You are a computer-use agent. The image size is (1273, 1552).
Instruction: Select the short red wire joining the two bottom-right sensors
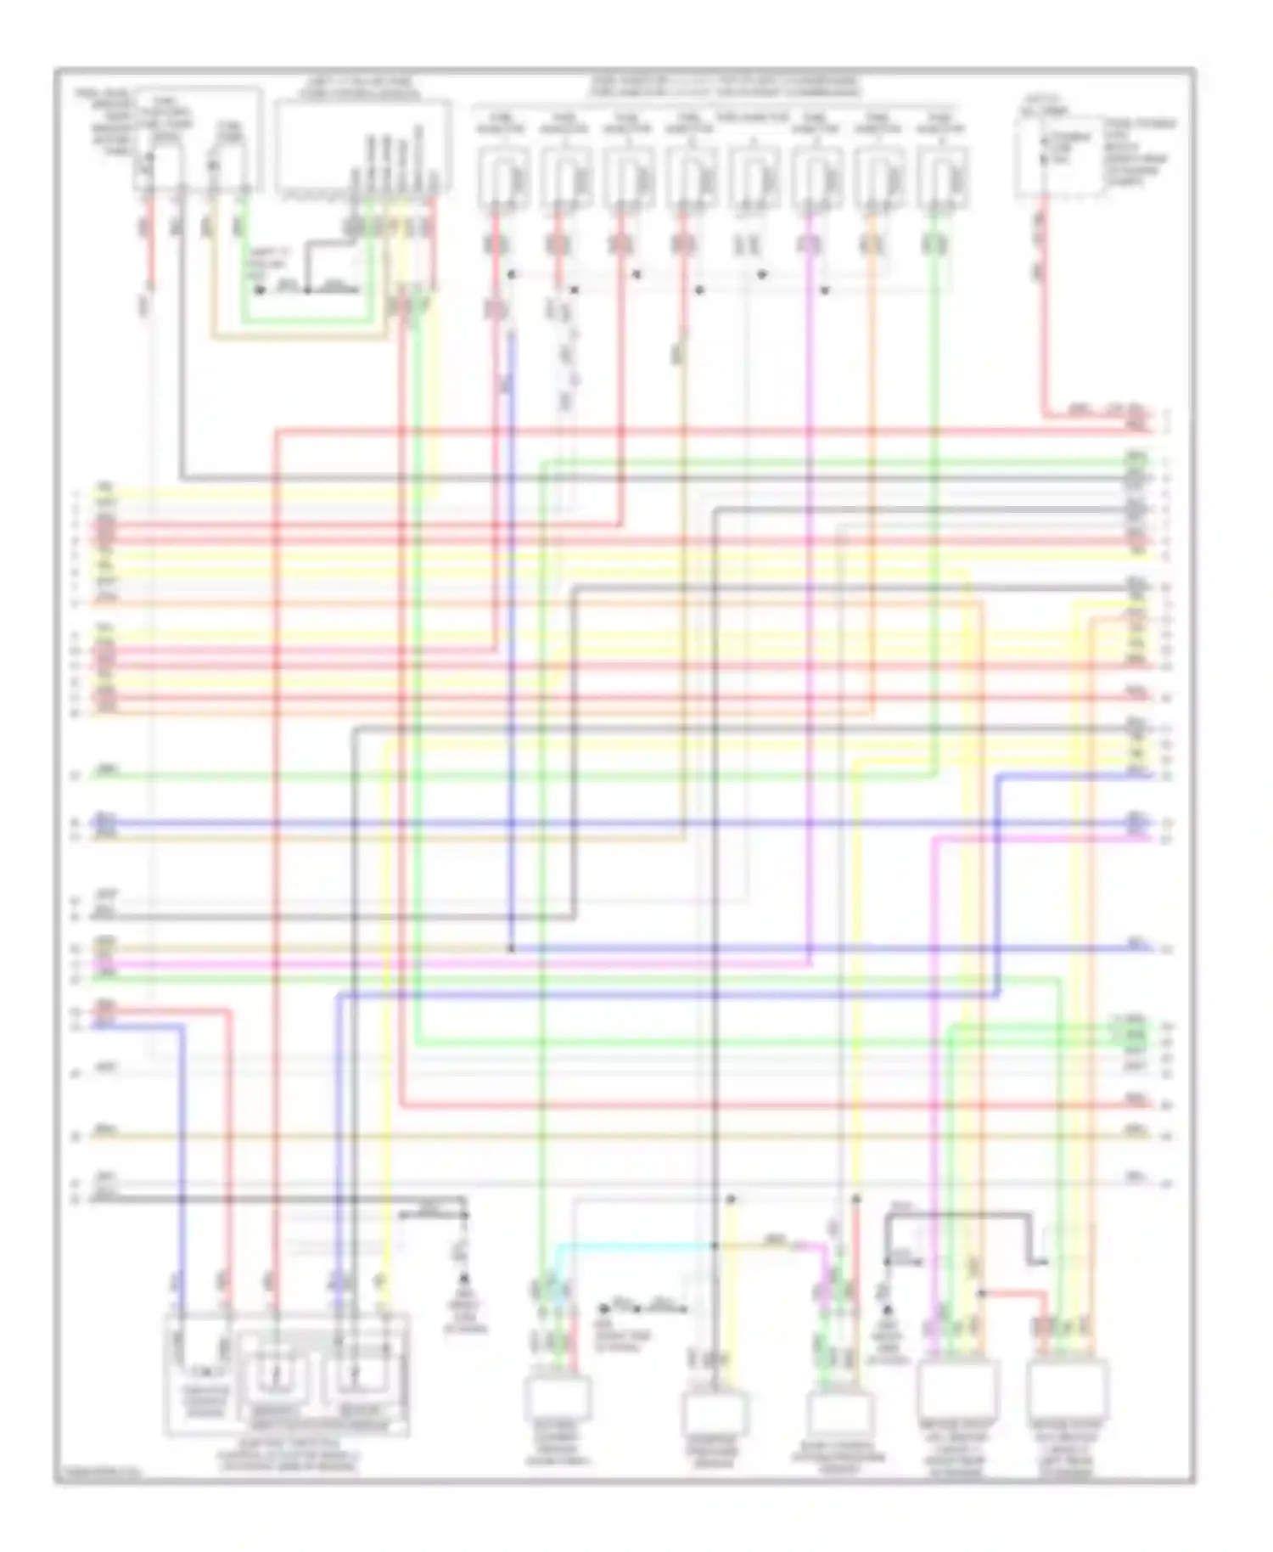(1014, 1293)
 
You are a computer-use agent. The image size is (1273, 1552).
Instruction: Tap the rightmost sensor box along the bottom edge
(1067, 1390)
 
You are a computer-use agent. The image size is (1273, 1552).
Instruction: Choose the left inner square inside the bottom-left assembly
(273, 1373)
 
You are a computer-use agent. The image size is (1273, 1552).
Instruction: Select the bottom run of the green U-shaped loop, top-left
(306, 321)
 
